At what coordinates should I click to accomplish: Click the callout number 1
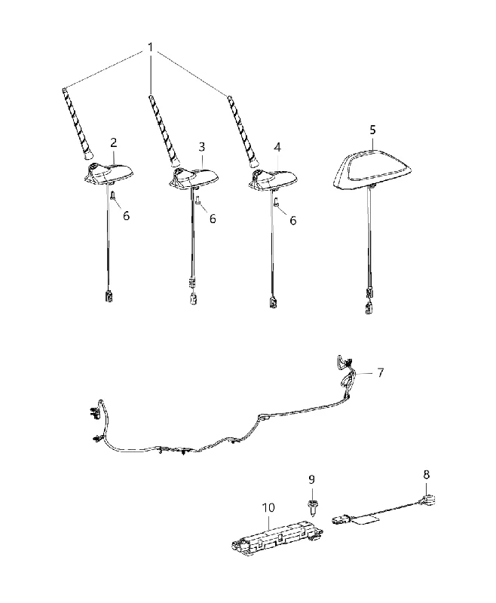[150, 47]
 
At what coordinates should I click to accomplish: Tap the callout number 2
[113, 143]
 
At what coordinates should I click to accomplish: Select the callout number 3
[202, 147]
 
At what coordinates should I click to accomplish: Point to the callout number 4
[277, 147]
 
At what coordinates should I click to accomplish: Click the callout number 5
[372, 130]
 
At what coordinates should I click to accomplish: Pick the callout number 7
[380, 372]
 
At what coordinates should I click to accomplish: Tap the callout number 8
[426, 475]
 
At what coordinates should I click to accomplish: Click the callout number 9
[311, 479]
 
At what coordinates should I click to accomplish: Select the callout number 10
[269, 507]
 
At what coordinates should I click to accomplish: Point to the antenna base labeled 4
[274, 178]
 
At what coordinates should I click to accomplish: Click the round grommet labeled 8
[430, 498]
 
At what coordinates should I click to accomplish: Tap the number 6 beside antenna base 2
[126, 216]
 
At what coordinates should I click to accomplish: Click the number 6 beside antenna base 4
[293, 220]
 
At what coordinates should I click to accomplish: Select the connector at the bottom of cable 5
[369, 308]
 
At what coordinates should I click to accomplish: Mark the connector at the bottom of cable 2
[109, 296]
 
